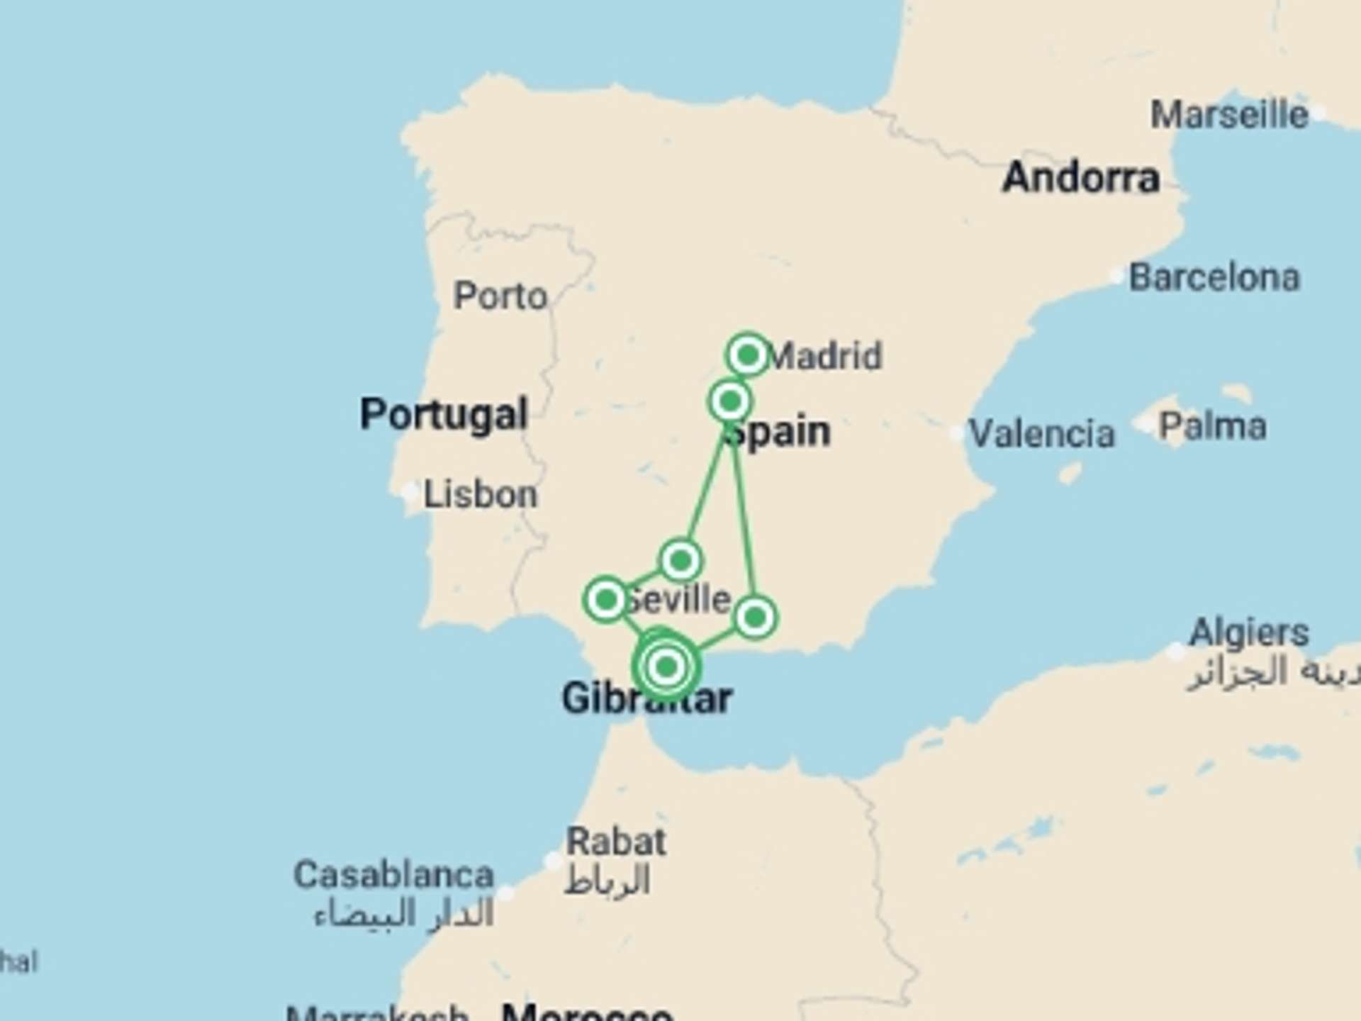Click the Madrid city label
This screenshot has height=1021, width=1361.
[825, 356]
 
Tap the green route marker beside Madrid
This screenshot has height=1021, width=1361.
[748, 355]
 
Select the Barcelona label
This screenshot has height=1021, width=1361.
[1214, 277]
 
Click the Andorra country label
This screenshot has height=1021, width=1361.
[1081, 177]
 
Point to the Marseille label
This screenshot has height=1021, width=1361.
[1229, 115]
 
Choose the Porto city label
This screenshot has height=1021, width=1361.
[500, 296]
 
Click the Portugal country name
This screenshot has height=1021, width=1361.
[444, 414]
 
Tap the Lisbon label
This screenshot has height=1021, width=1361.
[481, 494]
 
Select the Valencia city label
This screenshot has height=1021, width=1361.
[1041, 433]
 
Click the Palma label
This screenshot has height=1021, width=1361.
[1212, 426]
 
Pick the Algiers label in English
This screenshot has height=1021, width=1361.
[1249, 632]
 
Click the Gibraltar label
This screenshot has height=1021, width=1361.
[646, 698]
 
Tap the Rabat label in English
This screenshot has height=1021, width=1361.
[616, 842]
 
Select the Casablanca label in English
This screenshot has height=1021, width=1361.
[393, 875]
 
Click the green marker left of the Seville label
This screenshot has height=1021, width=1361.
[606, 600]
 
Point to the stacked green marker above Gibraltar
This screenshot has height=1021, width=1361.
[666, 666]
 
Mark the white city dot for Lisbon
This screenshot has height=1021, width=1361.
[410, 492]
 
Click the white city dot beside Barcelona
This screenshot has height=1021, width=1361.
[1117, 276]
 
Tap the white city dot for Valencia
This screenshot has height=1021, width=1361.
[957, 432]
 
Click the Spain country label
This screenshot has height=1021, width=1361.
[780, 433]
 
